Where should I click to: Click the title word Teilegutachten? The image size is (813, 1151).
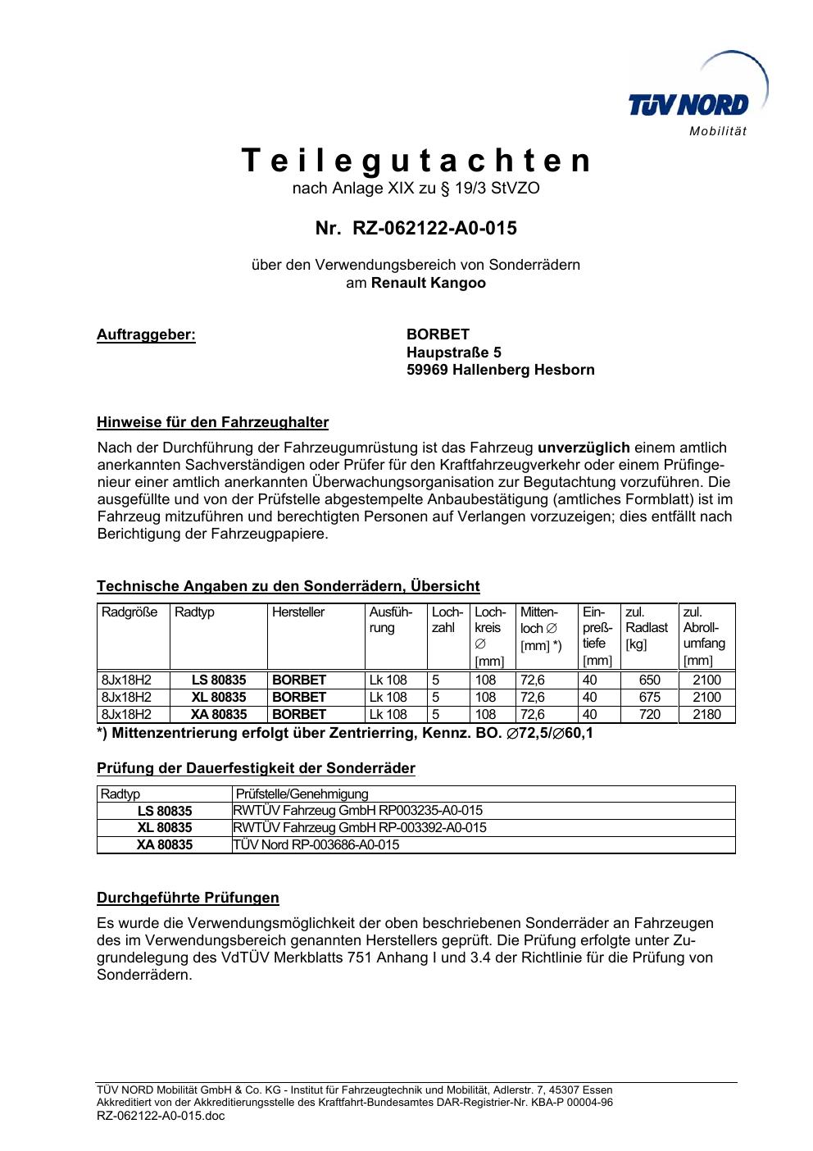click(416, 161)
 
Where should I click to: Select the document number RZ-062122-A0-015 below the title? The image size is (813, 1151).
click(434, 228)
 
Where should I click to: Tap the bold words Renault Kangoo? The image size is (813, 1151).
click(428, 283)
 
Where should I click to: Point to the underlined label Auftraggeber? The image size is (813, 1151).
click(146, 334)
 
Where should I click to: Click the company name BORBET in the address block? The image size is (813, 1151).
click(438, 334)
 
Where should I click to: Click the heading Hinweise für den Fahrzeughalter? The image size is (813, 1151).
click(212, 423)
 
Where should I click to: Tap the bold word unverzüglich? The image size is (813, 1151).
click(584, 448)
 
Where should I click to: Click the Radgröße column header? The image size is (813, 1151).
click(129, 612)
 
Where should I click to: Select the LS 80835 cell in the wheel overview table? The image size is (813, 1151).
click(219, 680)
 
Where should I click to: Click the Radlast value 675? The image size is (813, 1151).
click(649, 697)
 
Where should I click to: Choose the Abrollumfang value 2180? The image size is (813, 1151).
click(706, 714)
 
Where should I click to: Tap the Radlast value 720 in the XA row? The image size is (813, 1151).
click(649, 714)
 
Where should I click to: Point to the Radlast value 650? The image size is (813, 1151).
click(649, 680)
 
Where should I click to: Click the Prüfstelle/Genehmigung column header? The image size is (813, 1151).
click(302, 794)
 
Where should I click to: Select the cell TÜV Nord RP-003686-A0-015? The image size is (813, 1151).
click(316, 844)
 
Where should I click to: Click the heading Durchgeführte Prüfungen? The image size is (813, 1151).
click(188, 898)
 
